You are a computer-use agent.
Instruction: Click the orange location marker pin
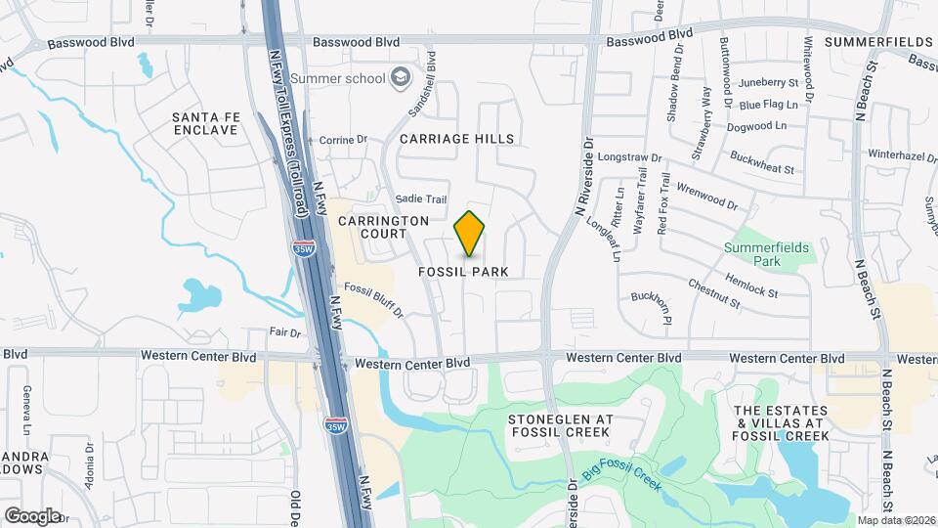click(470, 234)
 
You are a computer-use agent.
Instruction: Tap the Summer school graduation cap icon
click(400, 77)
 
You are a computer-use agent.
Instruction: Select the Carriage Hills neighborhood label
click(456, 139)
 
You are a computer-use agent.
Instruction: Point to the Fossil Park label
click(464, 270)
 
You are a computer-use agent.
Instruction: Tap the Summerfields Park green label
click(767, 254)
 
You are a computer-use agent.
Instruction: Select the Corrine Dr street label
click(343, 140)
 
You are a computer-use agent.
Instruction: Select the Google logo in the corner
click(32, 515)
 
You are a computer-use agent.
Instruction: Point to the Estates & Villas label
click(781, 422)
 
